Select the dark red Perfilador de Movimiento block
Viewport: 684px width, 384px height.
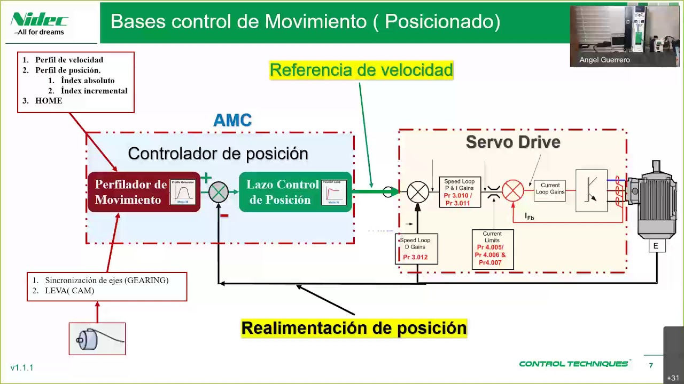143,192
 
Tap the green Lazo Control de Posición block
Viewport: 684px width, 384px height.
295,192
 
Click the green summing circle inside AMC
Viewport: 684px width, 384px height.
218,192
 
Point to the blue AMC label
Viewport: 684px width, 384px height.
232,121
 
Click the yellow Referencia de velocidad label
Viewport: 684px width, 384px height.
361,70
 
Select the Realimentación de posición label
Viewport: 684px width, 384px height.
354,327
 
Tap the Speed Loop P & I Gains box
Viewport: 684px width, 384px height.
459,192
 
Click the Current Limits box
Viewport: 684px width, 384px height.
492,249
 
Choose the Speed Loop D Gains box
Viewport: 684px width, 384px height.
416,249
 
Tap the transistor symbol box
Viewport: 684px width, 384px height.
591,191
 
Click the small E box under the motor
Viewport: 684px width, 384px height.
656,246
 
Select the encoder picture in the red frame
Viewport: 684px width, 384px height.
97,339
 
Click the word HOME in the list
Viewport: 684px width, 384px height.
49,101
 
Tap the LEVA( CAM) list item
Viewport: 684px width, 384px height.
69,291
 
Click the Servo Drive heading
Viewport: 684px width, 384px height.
512,142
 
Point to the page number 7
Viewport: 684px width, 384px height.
650,365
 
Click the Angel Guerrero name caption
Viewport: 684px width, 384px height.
604,60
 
